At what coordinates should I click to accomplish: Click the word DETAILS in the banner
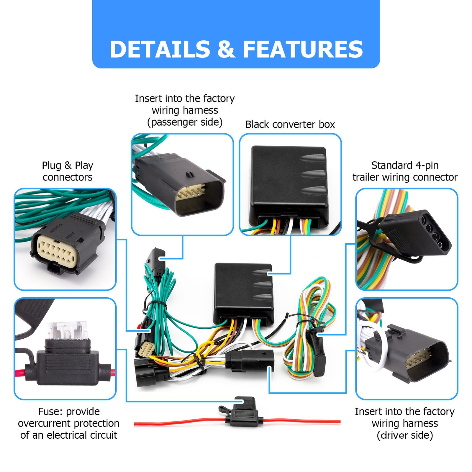coord(160,49)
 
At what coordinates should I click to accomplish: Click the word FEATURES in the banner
coord(303,49)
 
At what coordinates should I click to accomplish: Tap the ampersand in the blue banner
coord(226,49)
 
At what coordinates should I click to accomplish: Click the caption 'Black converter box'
coord(290,124)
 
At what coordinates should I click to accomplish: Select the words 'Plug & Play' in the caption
coord(67,165)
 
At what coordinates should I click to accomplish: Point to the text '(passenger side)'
coord(185,122)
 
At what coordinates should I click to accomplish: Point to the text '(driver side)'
coord(405,435)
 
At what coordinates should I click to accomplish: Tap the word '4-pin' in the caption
coord(427,165)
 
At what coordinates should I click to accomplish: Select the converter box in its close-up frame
coord(289,184)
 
